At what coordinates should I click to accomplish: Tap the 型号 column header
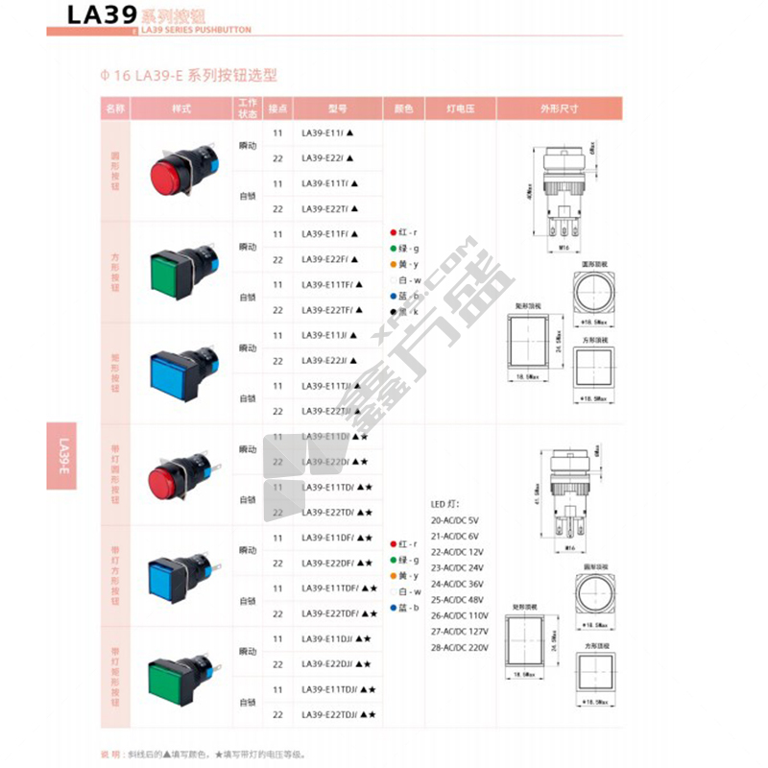336,108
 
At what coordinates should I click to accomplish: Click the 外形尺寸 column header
559,108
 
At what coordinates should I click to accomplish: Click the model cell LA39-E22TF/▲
328,309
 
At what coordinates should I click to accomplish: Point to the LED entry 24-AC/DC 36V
459,584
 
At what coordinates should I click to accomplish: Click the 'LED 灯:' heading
445,503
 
